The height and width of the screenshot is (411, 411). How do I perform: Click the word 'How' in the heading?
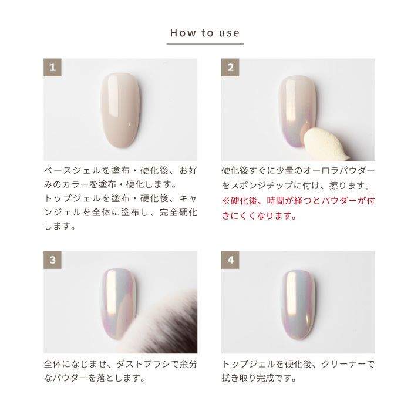click(x=183, y=33)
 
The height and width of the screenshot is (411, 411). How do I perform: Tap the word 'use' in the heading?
click(x=230, y=33)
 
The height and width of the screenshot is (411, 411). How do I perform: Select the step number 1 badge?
click(x=52, y=68)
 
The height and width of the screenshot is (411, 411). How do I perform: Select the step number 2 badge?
click(x=230, y=68)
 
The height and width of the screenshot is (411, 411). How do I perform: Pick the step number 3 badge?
click(x=52, y=260)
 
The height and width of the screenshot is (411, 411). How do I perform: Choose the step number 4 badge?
click(x=230, y=260)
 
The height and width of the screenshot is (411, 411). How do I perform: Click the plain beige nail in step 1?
click(x=120, y=110)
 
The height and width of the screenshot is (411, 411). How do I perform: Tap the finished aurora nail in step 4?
click(x=298, y=305)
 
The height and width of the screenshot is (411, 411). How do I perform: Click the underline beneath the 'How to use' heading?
click(x=205, y=44)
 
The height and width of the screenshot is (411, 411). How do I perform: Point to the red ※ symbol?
click(x=226, y=201)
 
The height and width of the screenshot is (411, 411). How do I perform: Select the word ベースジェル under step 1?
click(x=72, y=171)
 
